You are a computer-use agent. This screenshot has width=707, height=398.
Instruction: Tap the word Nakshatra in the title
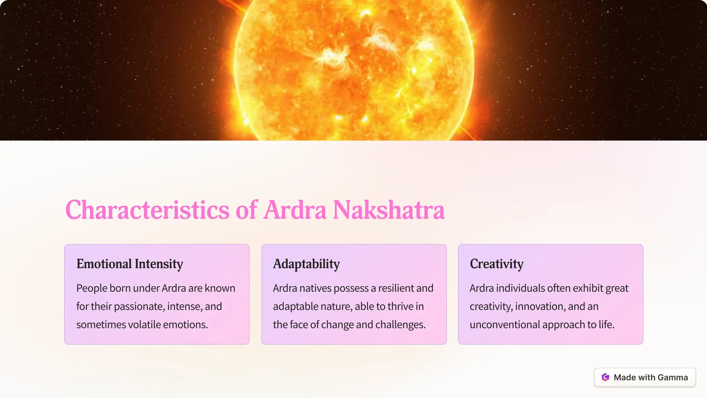pos(388,210)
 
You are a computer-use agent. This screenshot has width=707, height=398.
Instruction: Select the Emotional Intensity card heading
pos(130,264)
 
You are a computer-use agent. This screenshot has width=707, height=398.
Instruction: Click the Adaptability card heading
pos(307,264)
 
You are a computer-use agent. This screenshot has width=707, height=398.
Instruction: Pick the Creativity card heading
pos(496,264)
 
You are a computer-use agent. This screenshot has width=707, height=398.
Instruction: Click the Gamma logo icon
pos(605,377)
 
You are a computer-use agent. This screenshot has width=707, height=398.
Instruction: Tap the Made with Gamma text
pos(651,377)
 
